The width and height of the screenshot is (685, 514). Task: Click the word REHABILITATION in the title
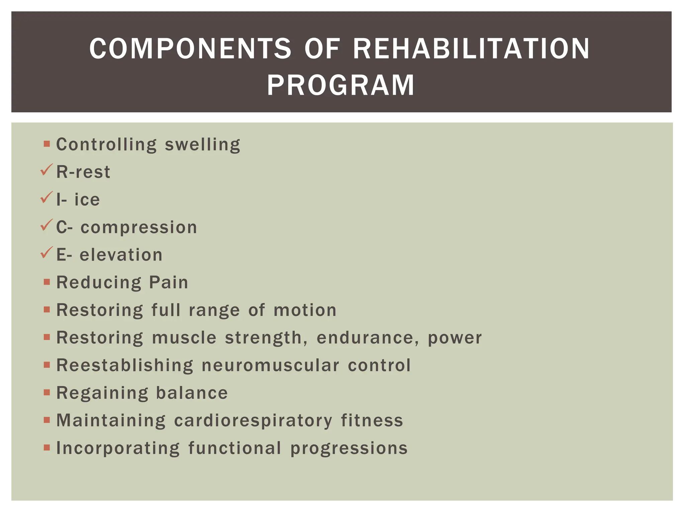click(471, 49)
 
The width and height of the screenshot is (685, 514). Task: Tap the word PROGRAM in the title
click(341, 86)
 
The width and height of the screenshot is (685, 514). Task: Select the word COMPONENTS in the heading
click(190, 49)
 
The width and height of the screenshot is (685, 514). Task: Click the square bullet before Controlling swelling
click(47, 144)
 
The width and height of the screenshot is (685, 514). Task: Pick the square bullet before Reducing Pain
click(47, 282)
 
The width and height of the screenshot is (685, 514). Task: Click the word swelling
click(202, 145)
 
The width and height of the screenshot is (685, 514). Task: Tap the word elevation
click(121, 255)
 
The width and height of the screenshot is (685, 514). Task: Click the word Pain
click(169, 282)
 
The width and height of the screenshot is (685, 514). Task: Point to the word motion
click(305, 310)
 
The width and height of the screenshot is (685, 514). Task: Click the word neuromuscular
click(270, 365)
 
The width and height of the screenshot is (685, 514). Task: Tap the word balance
click(192, 393)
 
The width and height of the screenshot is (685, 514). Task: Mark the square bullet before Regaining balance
click(47, 392)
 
